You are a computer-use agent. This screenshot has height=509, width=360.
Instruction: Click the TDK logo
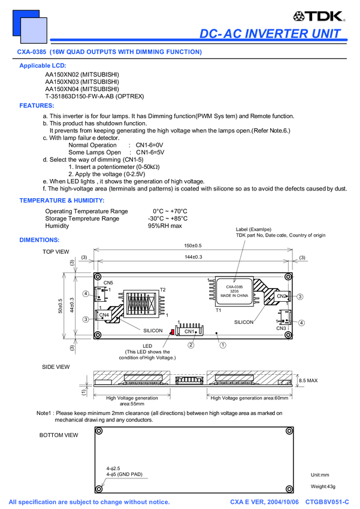pyautogui.click(x=319, y=16)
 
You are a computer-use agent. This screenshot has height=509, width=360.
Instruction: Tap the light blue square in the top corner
pyautogui.click(x=34, y=31)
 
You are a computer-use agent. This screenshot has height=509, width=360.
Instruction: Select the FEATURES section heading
pyautogui.click(x=36, y=106)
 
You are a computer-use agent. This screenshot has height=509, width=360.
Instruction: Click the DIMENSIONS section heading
pyautogui.click(x=39, y=240)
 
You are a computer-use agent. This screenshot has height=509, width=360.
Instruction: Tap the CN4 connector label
pyautogui.click(x=104, y=314)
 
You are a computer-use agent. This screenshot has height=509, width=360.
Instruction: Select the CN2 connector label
pyautogui.click(x=281, y=296)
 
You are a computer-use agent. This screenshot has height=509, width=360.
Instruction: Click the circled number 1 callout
pyautogui.click(x=223, y=345)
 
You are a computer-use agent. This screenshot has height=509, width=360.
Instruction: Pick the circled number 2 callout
pyautogui.click(x=191, y=345)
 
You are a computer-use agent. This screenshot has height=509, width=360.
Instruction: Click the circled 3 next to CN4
pyautogui.click(x=86, y=319)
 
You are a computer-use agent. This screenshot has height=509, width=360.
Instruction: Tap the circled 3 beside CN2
pyautogui.click(x=300, y=296)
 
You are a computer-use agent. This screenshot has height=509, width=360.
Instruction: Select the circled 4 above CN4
pyautogui.click(x=86, y=293)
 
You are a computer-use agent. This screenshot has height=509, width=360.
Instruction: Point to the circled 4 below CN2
pyautogui.click(x=301, y=323)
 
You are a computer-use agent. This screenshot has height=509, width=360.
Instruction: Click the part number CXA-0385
pyautogui.click(x=234, y=287)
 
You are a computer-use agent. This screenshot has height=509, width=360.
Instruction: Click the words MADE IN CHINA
pyautogui.click(x=234, y=296)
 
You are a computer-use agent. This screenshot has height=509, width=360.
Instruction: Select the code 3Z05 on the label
pyautogui.click(x=234, y=291)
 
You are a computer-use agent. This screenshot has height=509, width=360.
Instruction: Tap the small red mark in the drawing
pyautogui.click(x=173, y=332)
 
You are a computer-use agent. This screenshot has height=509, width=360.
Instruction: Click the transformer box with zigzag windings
pyautogui.click(x=141, y=304)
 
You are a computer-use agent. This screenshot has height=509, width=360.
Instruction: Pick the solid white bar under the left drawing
pyautogui.click(x=103, y=382)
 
